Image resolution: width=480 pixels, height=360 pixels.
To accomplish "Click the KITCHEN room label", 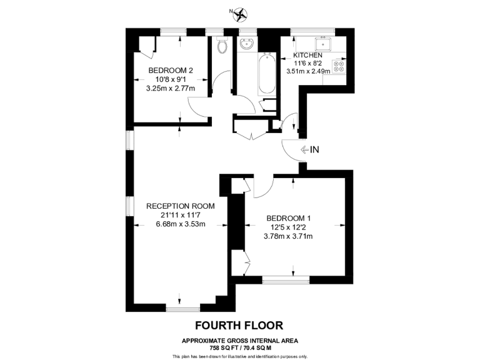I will pos(307,55).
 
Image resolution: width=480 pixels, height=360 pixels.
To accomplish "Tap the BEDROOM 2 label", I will pos(170,70).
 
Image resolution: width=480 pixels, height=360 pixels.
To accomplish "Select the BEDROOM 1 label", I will pos(289,217).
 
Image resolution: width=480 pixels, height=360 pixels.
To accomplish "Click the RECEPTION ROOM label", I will pos(181,206).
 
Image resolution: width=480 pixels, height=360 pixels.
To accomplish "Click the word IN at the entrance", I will pos(315,149).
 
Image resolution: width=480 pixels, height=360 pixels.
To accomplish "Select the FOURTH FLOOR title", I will pos(239,325).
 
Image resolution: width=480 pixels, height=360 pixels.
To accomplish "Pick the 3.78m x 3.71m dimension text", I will pos(289,236).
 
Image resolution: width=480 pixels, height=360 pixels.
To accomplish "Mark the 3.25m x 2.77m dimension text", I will pos(170,88).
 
